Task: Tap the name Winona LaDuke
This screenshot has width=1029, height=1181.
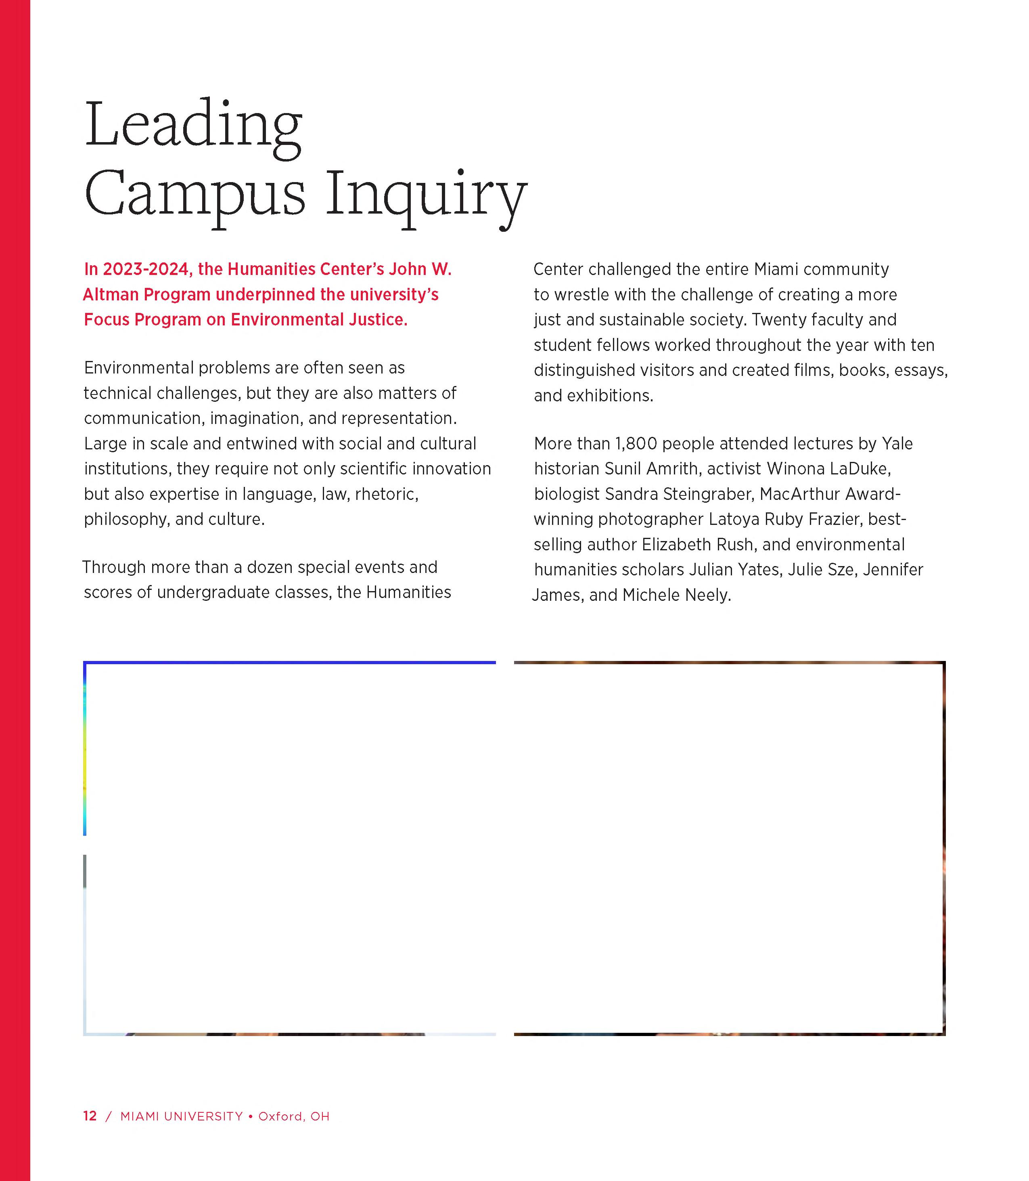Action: point(828,469)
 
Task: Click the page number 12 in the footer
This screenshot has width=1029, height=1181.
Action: point(90,1116)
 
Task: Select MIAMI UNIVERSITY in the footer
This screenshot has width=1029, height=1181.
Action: point(182,1116)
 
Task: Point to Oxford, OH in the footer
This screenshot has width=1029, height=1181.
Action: point(294,1116)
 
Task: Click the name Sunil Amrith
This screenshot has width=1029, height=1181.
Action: point(651,469)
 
